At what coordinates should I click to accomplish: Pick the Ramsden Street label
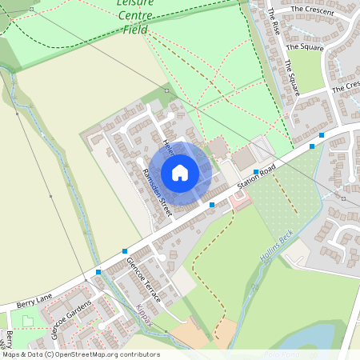point(156,192)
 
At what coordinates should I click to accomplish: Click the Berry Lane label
point(34,301)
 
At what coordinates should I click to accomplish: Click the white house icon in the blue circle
point(180,172)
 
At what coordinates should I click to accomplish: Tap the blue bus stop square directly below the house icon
point(212,206)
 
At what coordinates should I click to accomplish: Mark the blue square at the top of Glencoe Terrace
point(125,251)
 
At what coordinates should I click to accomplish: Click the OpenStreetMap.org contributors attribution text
point(104,354)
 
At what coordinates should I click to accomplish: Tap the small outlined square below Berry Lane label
point(29,322)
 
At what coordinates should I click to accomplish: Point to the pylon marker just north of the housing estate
point(167,91)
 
